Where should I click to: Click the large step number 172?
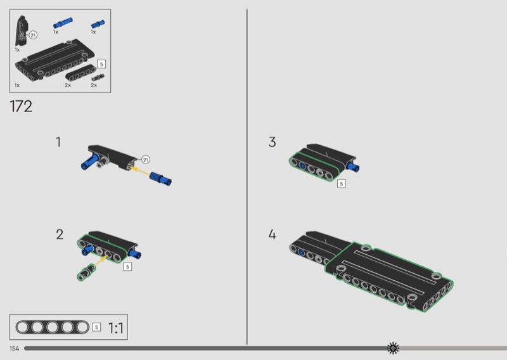click(21, 106)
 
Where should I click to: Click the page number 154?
click(15, 349)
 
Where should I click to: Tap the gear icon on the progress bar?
click(394, 348)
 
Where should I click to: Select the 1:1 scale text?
click(116, 328)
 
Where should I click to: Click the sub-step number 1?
click(58, 142)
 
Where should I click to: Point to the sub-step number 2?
click(60, 235)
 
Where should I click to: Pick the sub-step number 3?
click(272, 142)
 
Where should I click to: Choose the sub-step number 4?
click(272, 235)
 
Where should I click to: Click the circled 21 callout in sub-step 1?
click(144, 160)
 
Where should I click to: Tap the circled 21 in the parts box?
click(33, 35)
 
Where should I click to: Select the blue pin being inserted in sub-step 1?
click(161, 180)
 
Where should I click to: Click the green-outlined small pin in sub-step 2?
click(87, 273)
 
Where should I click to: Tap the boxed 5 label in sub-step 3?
click(342, 184)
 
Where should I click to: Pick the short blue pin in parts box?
click(98, 24)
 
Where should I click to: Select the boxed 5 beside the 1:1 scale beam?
click(96, 327)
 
